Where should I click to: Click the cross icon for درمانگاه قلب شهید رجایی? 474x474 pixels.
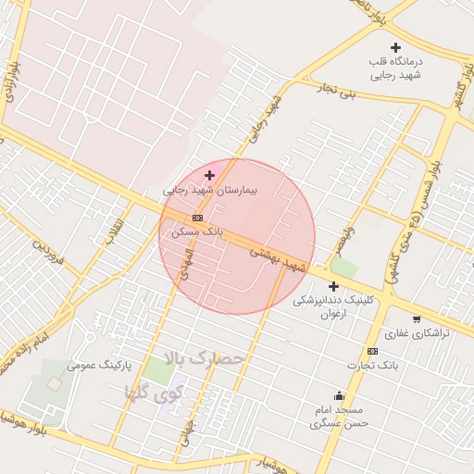(396, 47)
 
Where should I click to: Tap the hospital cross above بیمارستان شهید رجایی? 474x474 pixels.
(210, 175)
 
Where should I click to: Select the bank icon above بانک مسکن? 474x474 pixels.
(196, 218)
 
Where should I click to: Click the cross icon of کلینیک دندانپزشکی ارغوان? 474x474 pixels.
(333, 287)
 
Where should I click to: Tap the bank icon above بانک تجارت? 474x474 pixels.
(372, 351)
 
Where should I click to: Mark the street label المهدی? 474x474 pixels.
(186, 263)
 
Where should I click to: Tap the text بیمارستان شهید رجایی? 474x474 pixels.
(211, 190)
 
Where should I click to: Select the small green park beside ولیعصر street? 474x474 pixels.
(344, 268)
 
